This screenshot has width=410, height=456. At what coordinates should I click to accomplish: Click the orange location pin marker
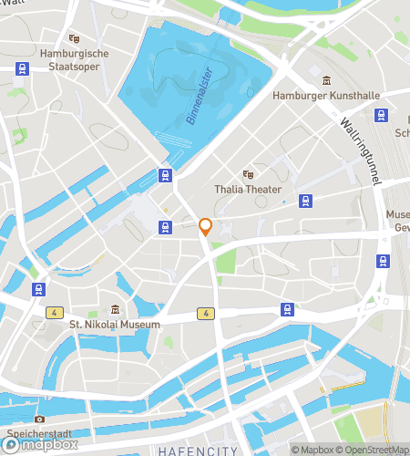(x=206, y=227)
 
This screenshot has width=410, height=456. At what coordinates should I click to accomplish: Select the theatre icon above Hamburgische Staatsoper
(x=74, y=38)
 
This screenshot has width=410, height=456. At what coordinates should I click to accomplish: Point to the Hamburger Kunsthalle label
(x=325, y=95)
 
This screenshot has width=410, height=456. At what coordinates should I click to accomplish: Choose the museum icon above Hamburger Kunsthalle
(x=326, y=79)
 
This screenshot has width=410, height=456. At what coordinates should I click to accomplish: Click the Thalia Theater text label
(x=248, y=189)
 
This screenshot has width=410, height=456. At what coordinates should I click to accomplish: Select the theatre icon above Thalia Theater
(x=247, y=173)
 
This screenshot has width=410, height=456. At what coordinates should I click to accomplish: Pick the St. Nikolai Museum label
(x=115, y=325)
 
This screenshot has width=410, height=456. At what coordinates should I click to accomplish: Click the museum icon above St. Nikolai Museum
(x=115, y=309)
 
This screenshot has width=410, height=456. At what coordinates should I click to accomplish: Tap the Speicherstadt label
(x=38, y=433)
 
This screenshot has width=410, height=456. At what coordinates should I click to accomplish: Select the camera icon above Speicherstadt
(x=38, y=419)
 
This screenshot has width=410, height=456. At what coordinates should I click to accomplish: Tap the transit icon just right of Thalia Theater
(x=303, y=200)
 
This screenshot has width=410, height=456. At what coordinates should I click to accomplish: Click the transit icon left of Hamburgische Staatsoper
(x=20, y=67)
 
